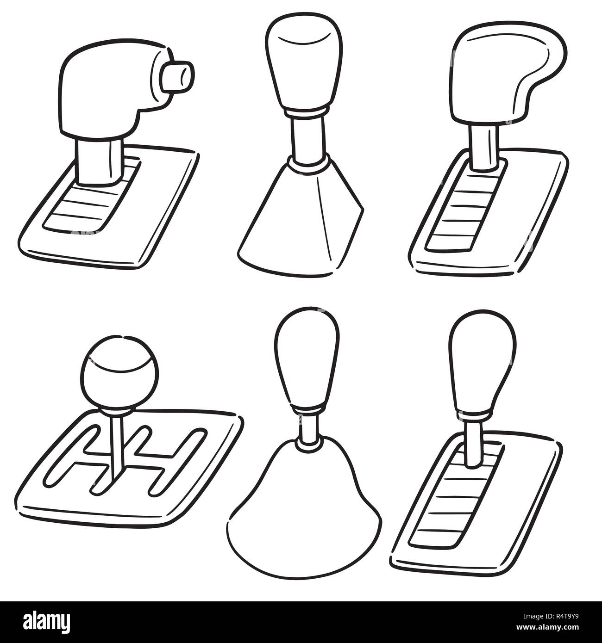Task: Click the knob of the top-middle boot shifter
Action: (304, 62)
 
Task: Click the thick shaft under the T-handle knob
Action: (99, 161)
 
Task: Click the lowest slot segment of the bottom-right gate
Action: (434, 538)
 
